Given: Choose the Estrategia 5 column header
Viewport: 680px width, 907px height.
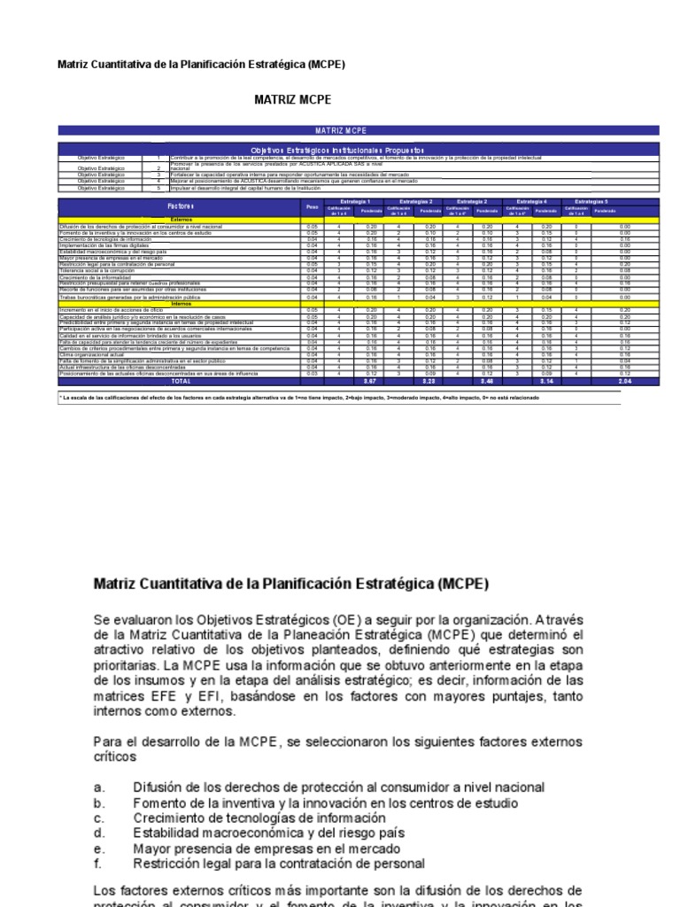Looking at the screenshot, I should pyautogui.click(x=591, y=202).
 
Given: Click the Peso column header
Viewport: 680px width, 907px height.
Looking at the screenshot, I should pyautogui.click(x=311, y=206).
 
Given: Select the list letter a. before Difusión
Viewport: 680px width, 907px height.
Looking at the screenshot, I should pyautogui.click(x=99, y=787).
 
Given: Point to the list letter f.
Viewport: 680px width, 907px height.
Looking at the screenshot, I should pyautogui.click(x=98, y=863).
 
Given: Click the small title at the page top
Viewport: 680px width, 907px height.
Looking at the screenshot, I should pyautogui.click(x=200, y=65).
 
